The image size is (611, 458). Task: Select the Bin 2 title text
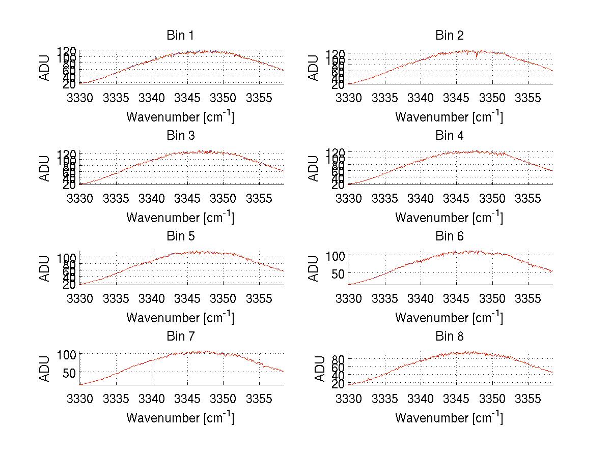click(449, 35)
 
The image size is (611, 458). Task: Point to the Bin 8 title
click(449, 336)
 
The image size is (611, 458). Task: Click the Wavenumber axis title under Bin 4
click(449, 218)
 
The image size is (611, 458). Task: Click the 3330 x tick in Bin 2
click(349, 98)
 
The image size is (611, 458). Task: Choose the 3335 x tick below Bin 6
click(385, 298)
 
